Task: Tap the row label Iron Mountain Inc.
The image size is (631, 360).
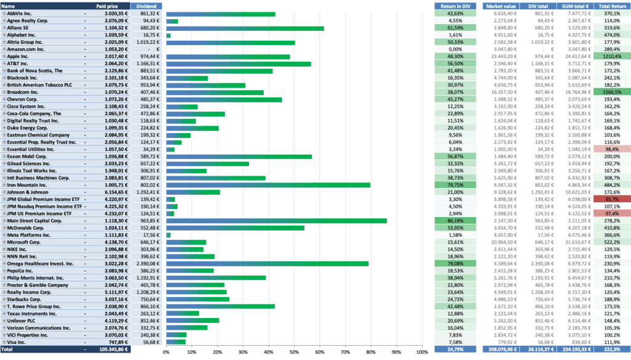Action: coord(28,184)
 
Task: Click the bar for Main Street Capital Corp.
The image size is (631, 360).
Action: coord(277,220)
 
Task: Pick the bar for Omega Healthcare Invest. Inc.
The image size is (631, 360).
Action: coord(267,263)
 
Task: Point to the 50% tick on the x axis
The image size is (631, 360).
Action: coord(294,353)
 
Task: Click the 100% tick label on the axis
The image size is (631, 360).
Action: coord(421,353)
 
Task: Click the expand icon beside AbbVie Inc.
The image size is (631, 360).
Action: coord(4,13)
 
